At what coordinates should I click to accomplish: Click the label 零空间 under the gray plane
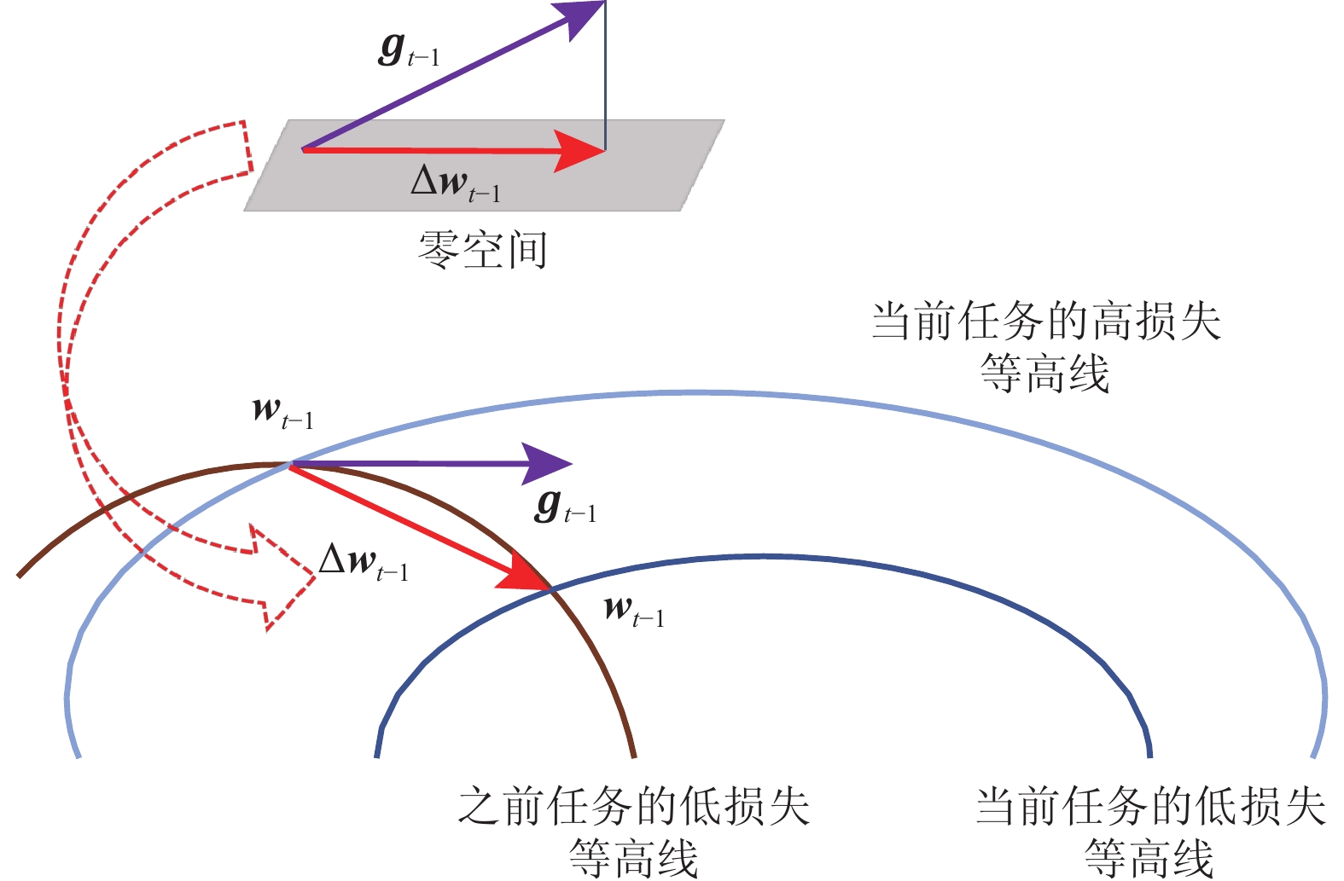click(x=482, y=251)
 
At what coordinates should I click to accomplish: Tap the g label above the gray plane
click(x=408, y=49)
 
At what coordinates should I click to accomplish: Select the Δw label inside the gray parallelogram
click(x=455, y=183)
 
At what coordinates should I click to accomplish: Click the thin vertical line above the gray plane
click(x=605, y=77)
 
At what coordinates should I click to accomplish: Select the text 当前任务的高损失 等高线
click(x=1045, y=347)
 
